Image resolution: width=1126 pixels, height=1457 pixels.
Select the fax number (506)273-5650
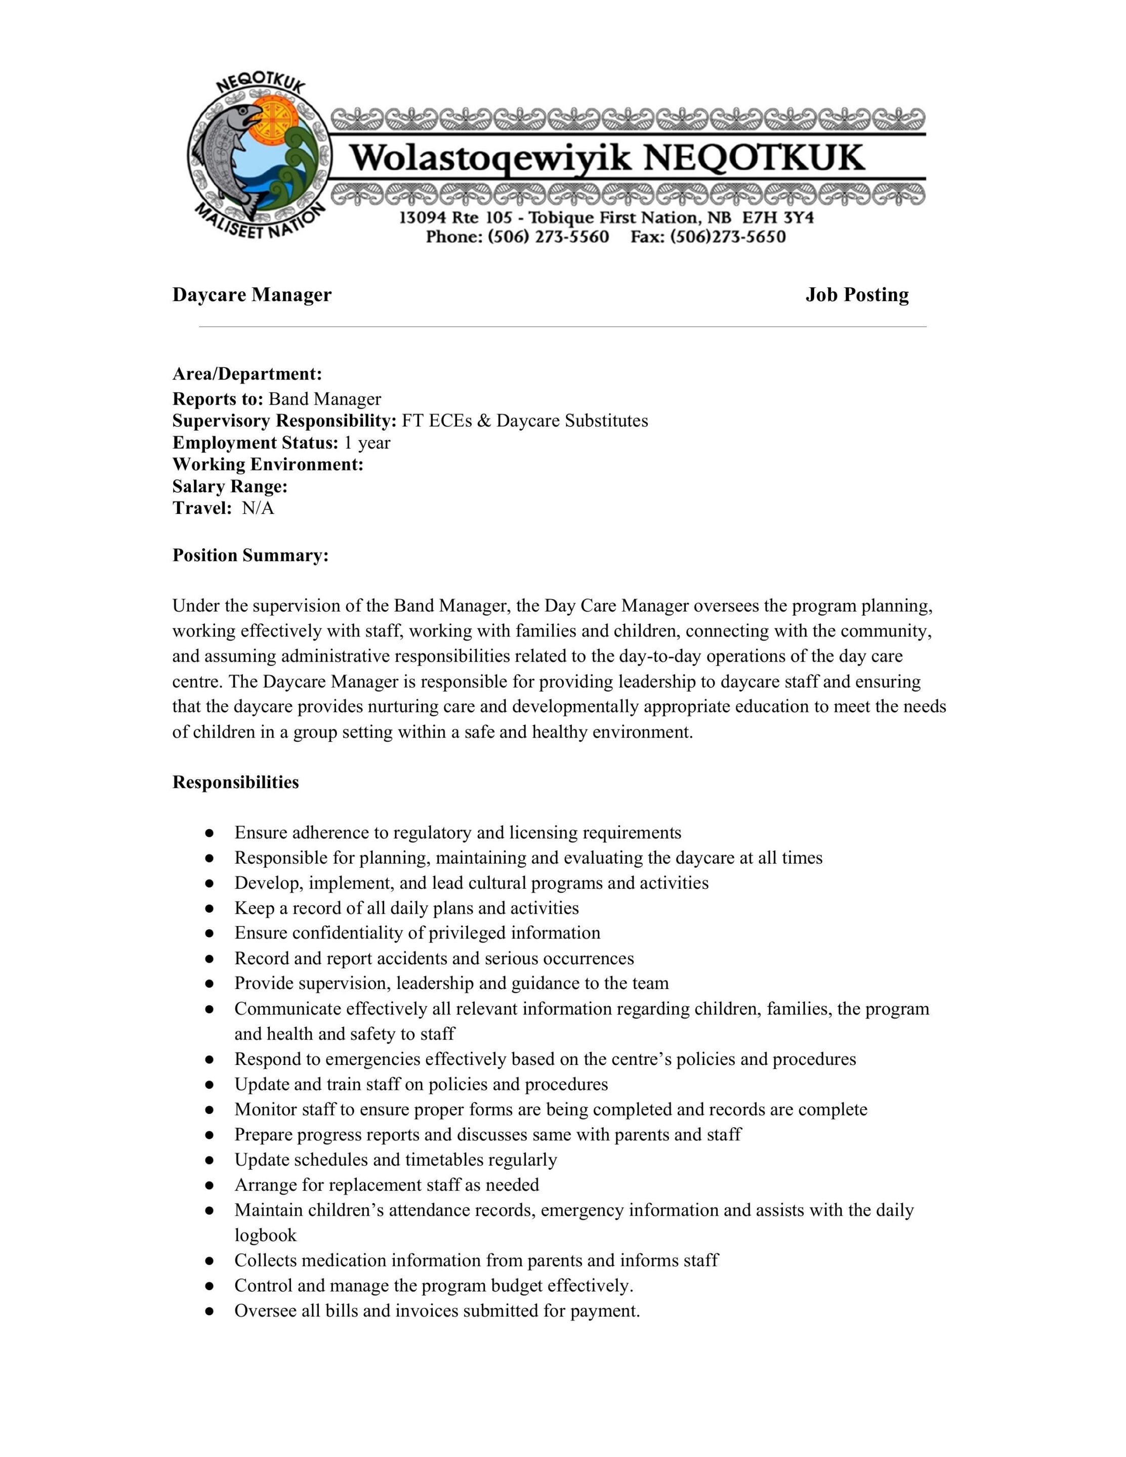click(x=728, y=237)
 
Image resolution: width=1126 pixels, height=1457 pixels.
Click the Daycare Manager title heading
click(x=252, y=295)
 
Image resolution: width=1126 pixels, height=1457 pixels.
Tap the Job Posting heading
click(x=856, y=295)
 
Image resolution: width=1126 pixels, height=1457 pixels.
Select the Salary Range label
click(x=230, y=486)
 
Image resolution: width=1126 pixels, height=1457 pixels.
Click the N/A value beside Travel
click(x=258, y=508)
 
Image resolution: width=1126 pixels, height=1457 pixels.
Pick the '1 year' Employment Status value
click(x=366, y=443)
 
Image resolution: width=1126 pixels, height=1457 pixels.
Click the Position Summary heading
click(x=251, y=555)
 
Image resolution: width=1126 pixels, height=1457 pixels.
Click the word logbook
click(x=265, y=1235)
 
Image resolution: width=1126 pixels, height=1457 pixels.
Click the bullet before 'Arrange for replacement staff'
click(x=210, y=1185)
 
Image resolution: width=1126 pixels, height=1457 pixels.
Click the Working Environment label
click(x=268, y=464)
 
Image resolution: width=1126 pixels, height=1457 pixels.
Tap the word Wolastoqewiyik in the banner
click(x=490, y=159)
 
